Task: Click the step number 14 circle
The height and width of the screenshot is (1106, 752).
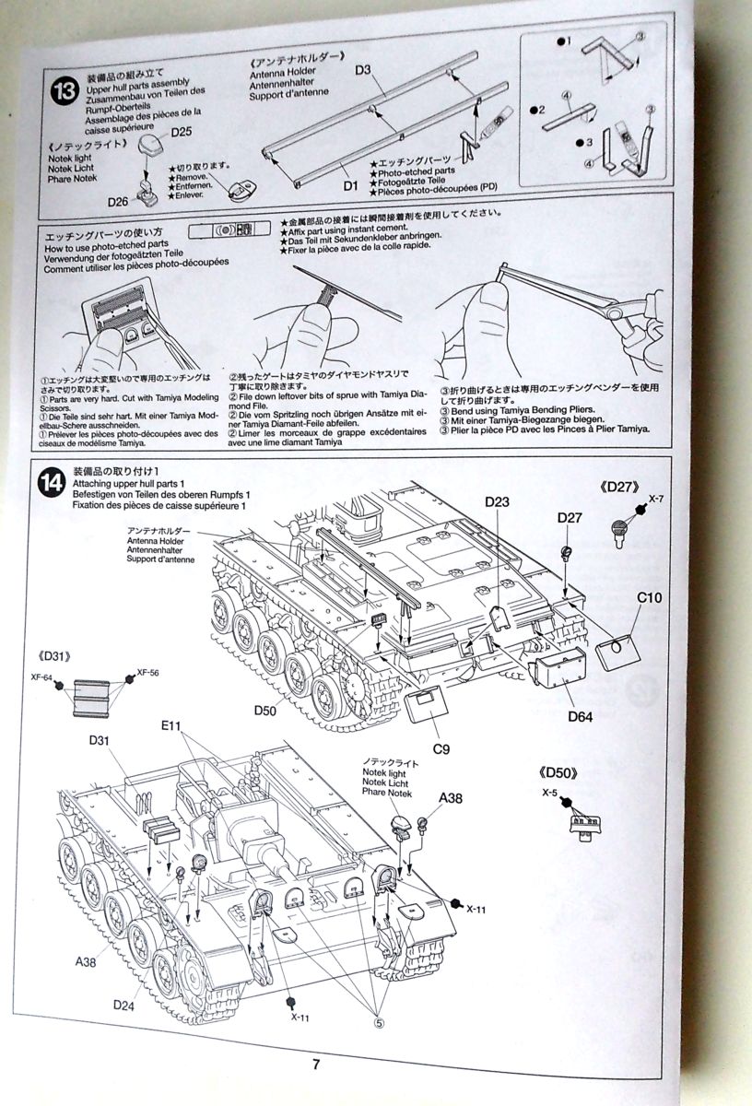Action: click(x=52, y=482)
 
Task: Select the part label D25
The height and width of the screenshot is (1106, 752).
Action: click(x=182, y=133)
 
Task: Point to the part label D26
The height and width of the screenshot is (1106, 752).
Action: click(x=118, y=202)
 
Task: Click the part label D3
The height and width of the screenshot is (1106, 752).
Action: click(x=362, y=70)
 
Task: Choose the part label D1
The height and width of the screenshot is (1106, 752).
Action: click(x=348, y=185)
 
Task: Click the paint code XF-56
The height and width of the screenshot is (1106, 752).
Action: click(x=147, y=672)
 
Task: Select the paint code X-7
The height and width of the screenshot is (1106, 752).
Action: click(x=655, y=498)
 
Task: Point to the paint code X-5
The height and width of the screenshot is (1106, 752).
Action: click(x=551, y=792)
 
